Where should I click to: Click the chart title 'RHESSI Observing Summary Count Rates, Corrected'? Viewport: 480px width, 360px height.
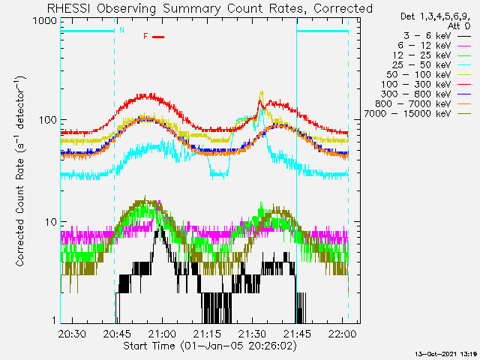click(x=210, y=8)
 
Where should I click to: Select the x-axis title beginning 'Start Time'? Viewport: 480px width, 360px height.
click(x=210, y=346)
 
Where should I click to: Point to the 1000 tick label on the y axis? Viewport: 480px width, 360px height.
click(x=45, y=20)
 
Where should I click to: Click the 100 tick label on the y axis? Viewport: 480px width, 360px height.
click(x=48, y=120)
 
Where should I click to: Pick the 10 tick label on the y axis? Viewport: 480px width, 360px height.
click(x=51, y=222)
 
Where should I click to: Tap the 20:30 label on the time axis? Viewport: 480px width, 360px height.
click(x=72, y=333)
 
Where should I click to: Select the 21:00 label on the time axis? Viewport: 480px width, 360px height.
click(x=162, y=333)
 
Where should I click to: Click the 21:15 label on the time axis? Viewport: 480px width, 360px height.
click(x=207, y=333)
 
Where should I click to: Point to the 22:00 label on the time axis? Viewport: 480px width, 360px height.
click(x=342, y=333)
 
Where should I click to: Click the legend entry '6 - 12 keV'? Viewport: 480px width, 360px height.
click(x=424, y=46)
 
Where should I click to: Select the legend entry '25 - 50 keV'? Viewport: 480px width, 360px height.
click(x=421, y=65)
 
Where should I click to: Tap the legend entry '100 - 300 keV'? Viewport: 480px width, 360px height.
click(x=415, y=85)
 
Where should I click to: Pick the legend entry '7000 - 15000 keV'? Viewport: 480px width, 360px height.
click(x=407, y=114)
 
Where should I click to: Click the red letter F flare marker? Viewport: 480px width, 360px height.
click(x=145, y=37)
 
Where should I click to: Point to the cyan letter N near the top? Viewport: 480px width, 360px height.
click(x=121, y=30)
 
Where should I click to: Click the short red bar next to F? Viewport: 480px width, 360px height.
click(x=158, y=37)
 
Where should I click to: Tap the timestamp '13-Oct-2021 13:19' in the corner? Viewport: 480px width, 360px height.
click(x=446, y=354)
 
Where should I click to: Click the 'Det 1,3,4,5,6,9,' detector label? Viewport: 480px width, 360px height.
click(x=435, y=16)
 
